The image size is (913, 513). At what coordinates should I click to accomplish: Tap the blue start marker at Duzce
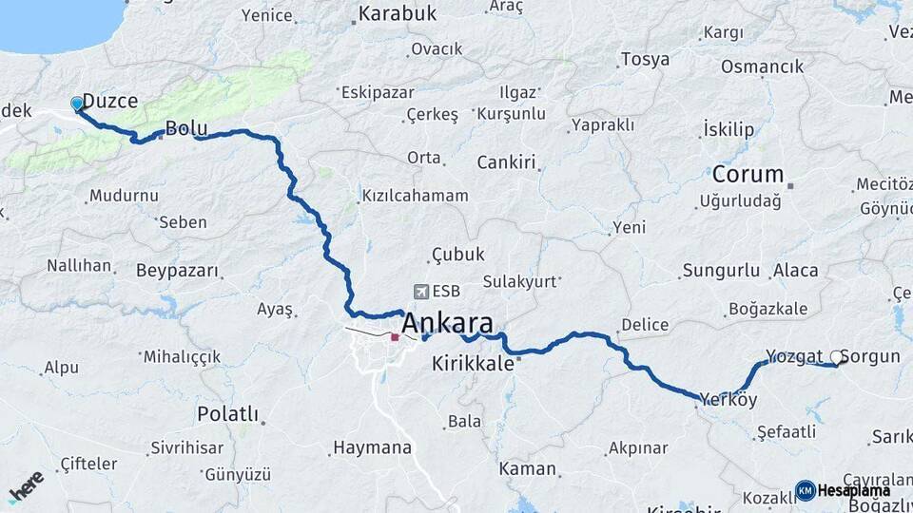coord(77,104)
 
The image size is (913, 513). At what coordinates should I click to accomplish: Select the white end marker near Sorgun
coord(836,358)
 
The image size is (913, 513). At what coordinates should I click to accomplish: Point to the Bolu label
coord(186,127)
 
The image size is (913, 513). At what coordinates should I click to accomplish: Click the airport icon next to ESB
coord(420,292)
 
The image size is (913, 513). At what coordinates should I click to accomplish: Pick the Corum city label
coord(748,175)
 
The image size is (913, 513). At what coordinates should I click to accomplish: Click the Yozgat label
coord(793,356)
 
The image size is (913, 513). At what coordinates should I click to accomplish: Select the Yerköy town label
coord(728,400)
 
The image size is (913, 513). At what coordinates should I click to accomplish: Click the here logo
coord(27,486)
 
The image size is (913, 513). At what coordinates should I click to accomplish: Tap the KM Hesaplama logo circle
coord(805,490)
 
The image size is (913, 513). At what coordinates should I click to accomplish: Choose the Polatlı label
coord(227,413)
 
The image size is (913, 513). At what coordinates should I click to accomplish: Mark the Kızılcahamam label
coord(415,196)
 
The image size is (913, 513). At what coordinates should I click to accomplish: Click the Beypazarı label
coord(178,271)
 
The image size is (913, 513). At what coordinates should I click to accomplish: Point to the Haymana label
coord(372,447)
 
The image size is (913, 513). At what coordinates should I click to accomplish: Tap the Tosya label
coord(645,59)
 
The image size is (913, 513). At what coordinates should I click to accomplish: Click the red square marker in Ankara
coord(395,336)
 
